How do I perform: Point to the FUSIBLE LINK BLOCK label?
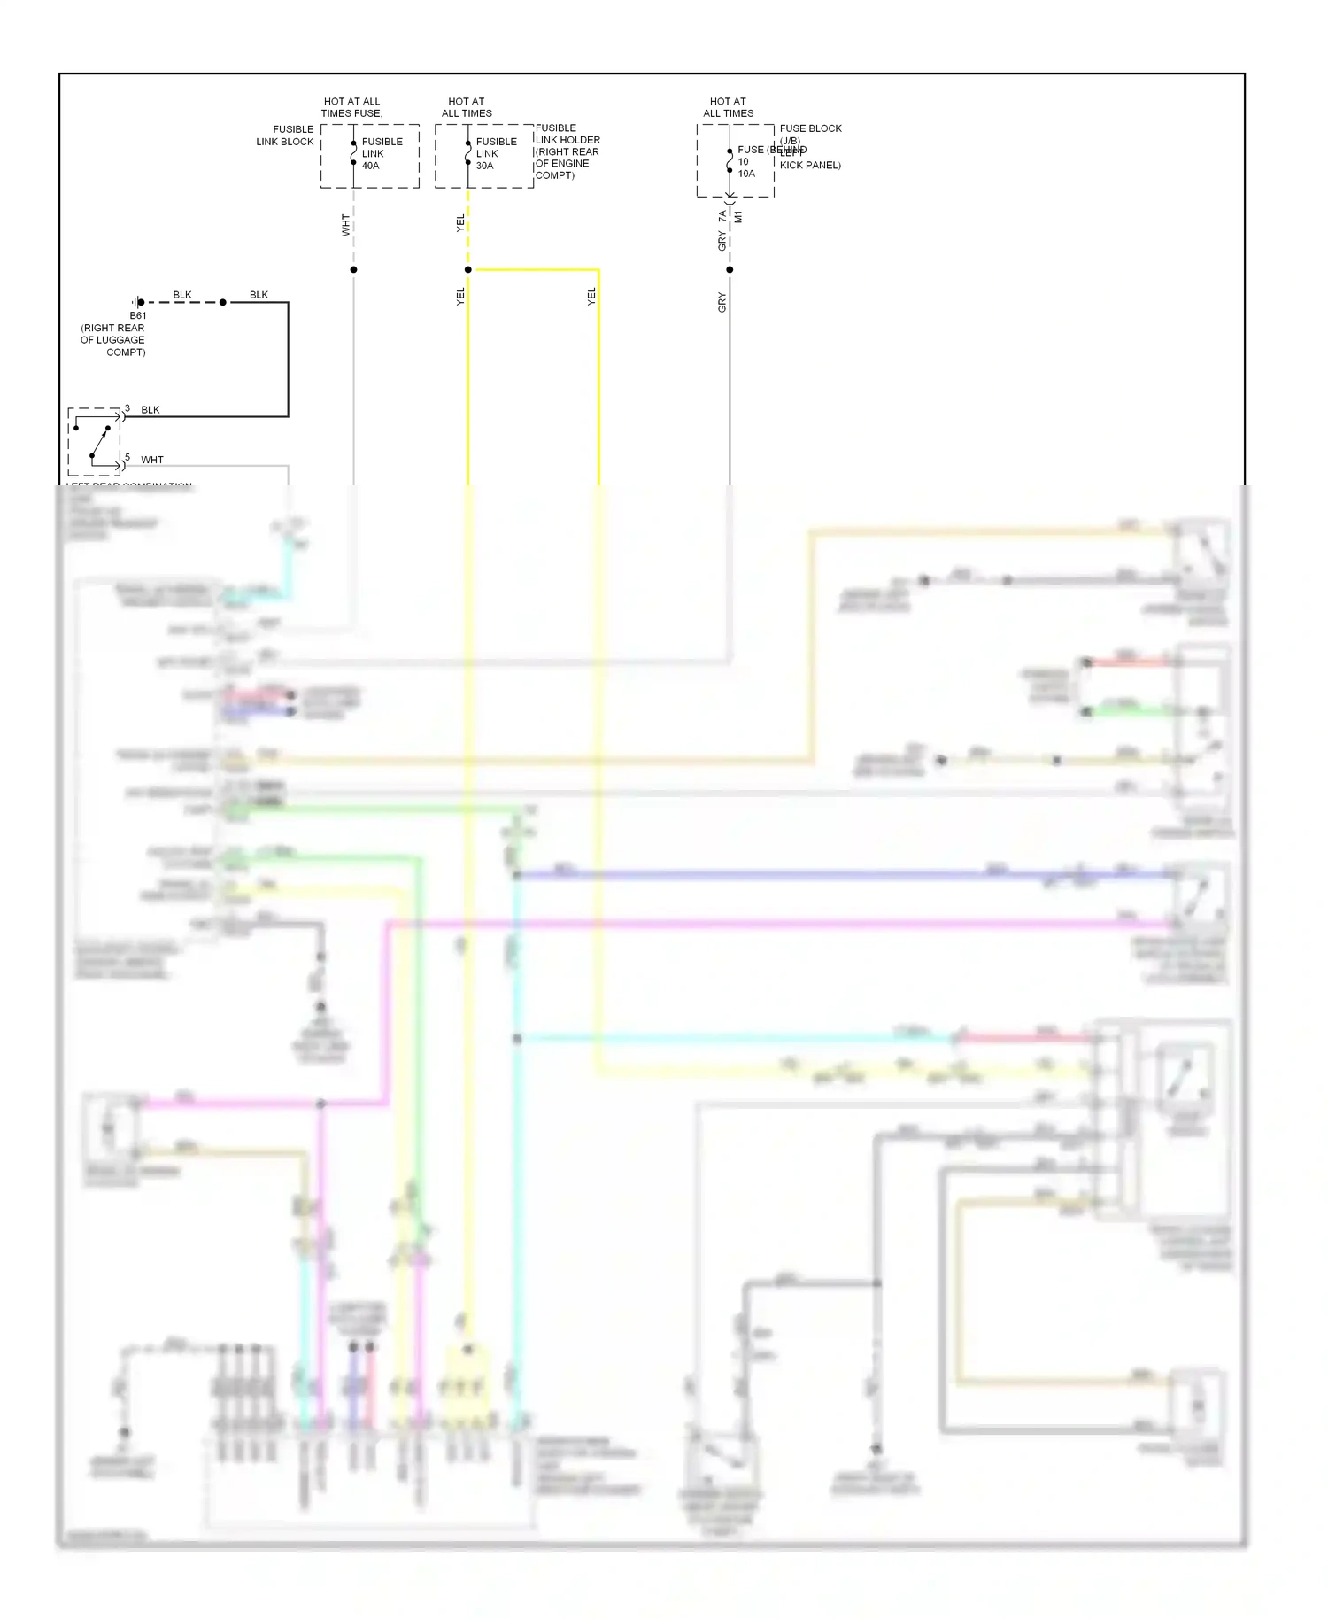click(284, 136)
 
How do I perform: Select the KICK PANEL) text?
click(810, 165)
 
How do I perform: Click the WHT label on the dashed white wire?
click(345, 225)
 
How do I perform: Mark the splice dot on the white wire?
click(353, 269)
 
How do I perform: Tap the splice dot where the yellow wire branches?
click(468, 269)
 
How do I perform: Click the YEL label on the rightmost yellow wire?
click(591, 298)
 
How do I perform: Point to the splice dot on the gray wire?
click(730, 269)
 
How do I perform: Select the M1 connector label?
click(738, 216)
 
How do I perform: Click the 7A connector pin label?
click(722, 215)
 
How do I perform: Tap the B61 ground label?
click(138, 315)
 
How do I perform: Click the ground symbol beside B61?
click(135, 302)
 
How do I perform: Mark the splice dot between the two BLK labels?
click(223, 302)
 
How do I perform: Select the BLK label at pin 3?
click(151, 410)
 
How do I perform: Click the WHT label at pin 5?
click(152, 460)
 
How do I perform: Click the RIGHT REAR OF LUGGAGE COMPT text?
click(113, 340)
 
